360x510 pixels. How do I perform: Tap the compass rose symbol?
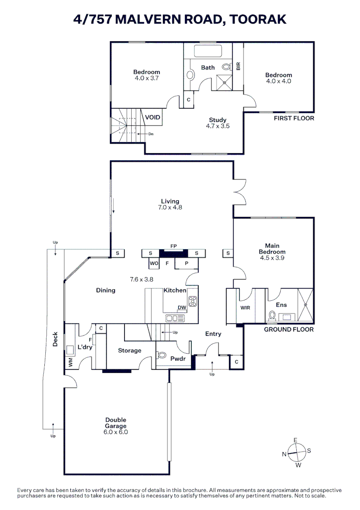296,452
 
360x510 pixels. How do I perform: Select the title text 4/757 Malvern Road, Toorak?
180,19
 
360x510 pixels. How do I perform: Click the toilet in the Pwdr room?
163,356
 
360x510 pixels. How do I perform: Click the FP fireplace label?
174,246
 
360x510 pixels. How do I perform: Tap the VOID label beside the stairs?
152,117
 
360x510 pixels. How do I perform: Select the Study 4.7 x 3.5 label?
217,123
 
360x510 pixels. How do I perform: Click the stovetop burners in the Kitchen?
193,301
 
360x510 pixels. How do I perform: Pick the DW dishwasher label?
182,307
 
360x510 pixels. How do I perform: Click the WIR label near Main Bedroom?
245,308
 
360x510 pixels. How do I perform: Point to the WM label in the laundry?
71,363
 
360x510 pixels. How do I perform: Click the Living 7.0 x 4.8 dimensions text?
170,207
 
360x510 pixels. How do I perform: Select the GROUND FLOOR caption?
288,329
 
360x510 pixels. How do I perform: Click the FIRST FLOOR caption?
293,118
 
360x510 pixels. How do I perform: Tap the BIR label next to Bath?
238,66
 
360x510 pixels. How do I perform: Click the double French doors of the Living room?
240,192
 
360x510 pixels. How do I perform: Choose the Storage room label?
129,350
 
